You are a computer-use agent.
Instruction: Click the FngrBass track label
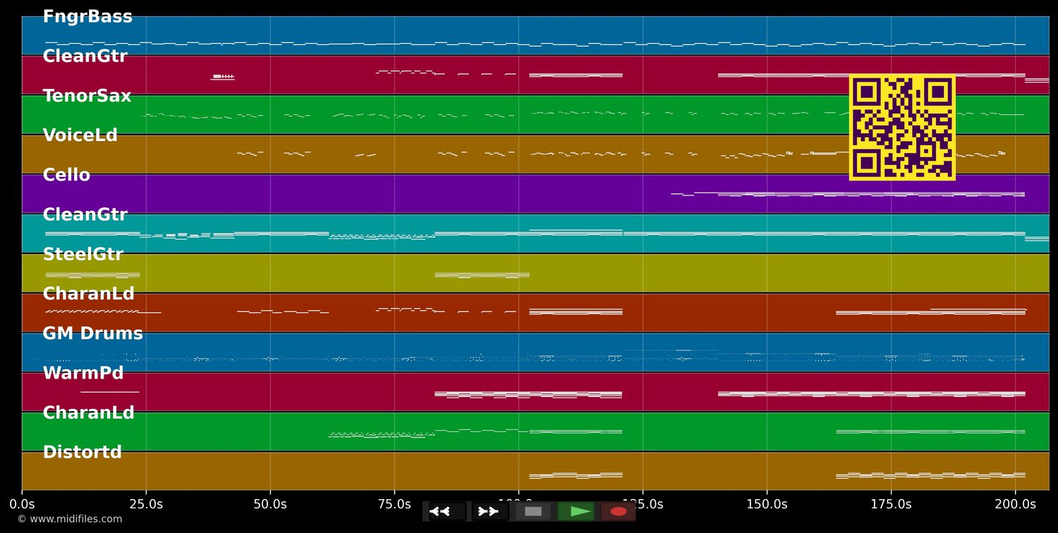point(87,17)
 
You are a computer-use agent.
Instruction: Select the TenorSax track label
point(87,96)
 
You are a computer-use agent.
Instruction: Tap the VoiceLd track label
point(80,135)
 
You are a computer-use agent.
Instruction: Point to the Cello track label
point(66,175)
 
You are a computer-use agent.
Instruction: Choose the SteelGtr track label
point(83,255)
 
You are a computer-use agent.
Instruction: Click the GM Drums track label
point(92,333)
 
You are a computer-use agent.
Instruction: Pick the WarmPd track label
point(83,373)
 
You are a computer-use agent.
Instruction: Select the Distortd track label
point(82,453)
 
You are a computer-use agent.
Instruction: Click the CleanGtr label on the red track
point(85,56)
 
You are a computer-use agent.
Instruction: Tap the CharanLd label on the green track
point(88,413)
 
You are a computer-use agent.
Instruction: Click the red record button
point(619,511)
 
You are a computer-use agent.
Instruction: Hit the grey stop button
point(533,511)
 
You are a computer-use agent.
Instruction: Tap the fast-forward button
point(489,511)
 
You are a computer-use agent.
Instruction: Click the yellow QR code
point(902,128)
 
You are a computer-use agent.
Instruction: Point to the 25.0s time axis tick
point(146,504)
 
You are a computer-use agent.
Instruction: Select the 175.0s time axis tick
point(891,504)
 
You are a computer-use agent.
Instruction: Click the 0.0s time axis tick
point(22,504)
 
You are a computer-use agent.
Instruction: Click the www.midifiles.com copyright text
point(69,520)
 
